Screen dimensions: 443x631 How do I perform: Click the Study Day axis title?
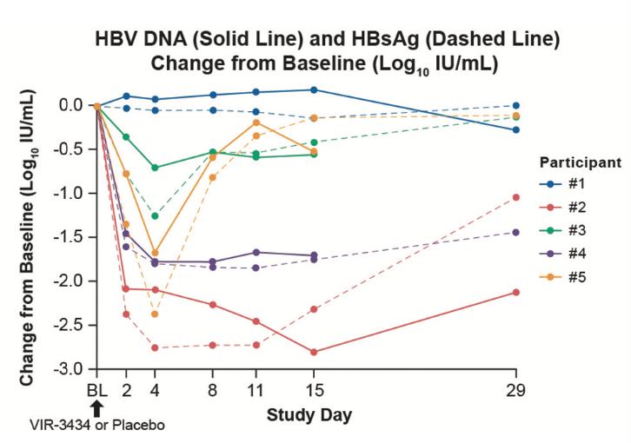pyautogui.click(x=310, y=414)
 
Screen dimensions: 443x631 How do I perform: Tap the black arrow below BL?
pyautogui.click(x=96, y=407)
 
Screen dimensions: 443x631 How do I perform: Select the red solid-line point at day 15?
pyautogui.click(x=314, y=352)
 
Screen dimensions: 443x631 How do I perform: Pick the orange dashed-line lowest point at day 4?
pyautogui.click(x=156, y=314)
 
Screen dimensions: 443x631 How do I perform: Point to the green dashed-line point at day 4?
pyautogui.click(x=156, y=215)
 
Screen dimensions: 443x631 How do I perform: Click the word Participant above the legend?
pyautogui.click(x=580, y=162)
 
